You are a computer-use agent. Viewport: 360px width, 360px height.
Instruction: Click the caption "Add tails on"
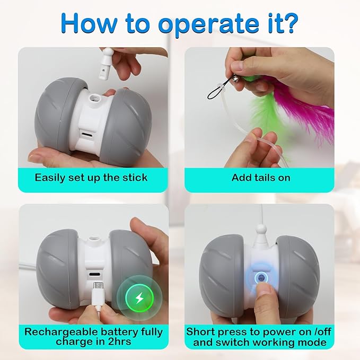coord(261,177)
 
